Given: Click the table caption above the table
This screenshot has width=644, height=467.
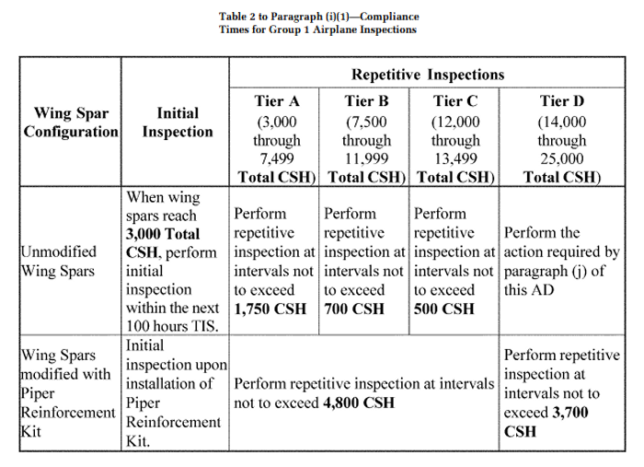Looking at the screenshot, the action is (318, 23).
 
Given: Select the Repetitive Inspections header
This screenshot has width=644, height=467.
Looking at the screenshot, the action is (428, 75).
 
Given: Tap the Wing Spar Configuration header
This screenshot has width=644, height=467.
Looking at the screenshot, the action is (71, 123).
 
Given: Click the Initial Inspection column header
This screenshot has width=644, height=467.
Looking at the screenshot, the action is (178, 123).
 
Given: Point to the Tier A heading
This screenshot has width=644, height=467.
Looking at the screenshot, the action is (277, 101).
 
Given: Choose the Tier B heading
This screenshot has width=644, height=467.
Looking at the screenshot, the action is (366, 101).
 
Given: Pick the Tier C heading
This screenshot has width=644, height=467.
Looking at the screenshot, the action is (455, 101).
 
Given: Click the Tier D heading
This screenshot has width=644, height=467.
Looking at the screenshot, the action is (562, 101).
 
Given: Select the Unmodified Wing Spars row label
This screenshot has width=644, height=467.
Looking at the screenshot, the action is (59, 262).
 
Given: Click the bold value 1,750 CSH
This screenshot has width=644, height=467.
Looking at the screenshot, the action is (270, 309).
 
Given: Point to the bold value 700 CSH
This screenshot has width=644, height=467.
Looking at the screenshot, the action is (354, 309).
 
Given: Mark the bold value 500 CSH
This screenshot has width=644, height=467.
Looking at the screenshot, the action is (444, 309).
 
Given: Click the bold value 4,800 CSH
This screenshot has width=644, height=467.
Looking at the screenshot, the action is (359, 403).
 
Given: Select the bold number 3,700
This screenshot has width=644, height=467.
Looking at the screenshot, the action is (570, 413).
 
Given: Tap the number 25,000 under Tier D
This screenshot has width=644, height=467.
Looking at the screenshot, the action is (562, 158).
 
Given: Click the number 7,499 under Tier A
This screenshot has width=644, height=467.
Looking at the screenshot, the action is (277, 158).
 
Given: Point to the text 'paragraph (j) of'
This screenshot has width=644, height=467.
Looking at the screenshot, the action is (555, 272).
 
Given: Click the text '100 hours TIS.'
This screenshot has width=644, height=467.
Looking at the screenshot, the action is (172, 326).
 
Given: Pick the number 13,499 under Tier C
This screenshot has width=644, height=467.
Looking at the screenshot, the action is (455, 158).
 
